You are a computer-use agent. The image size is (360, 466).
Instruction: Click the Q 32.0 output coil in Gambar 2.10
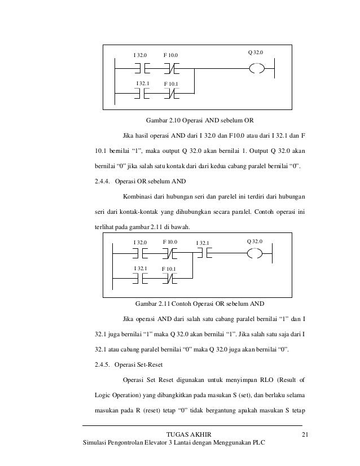coord(257,69)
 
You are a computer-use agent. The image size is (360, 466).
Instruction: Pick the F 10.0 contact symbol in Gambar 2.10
coord(172,69)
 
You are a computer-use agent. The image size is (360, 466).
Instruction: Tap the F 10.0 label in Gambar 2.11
coord(170,242)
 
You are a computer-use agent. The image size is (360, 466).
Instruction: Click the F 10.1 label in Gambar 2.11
coord(169,269)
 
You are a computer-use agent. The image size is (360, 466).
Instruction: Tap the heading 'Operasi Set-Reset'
coord(138,364)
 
